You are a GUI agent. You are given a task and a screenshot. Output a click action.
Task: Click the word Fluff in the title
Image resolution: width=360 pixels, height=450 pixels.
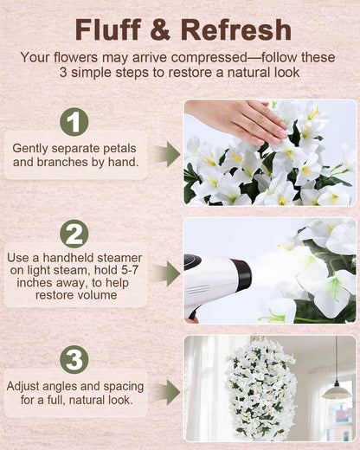(x=108, y=29)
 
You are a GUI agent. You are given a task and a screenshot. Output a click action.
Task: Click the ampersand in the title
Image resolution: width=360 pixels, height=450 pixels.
(x=160, y=30)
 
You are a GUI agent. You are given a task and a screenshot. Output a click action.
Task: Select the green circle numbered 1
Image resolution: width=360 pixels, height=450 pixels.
(x=74, y=122)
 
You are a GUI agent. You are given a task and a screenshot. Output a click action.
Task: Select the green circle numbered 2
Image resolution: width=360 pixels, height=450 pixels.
(x=74, y=234)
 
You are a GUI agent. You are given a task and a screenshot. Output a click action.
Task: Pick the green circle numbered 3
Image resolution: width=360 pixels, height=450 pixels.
(x=74, y=360)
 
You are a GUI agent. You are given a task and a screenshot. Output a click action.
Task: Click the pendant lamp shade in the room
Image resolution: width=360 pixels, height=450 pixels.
(x=337, y=393)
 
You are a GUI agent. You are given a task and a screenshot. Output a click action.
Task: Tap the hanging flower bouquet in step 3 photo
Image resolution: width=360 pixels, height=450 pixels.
(x=261, y=387)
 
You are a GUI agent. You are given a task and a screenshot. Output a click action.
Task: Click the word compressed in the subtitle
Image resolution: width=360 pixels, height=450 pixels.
(x=209, y=57)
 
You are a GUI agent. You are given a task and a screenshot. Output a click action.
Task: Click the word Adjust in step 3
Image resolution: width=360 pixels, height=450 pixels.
(x=22, y=387)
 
